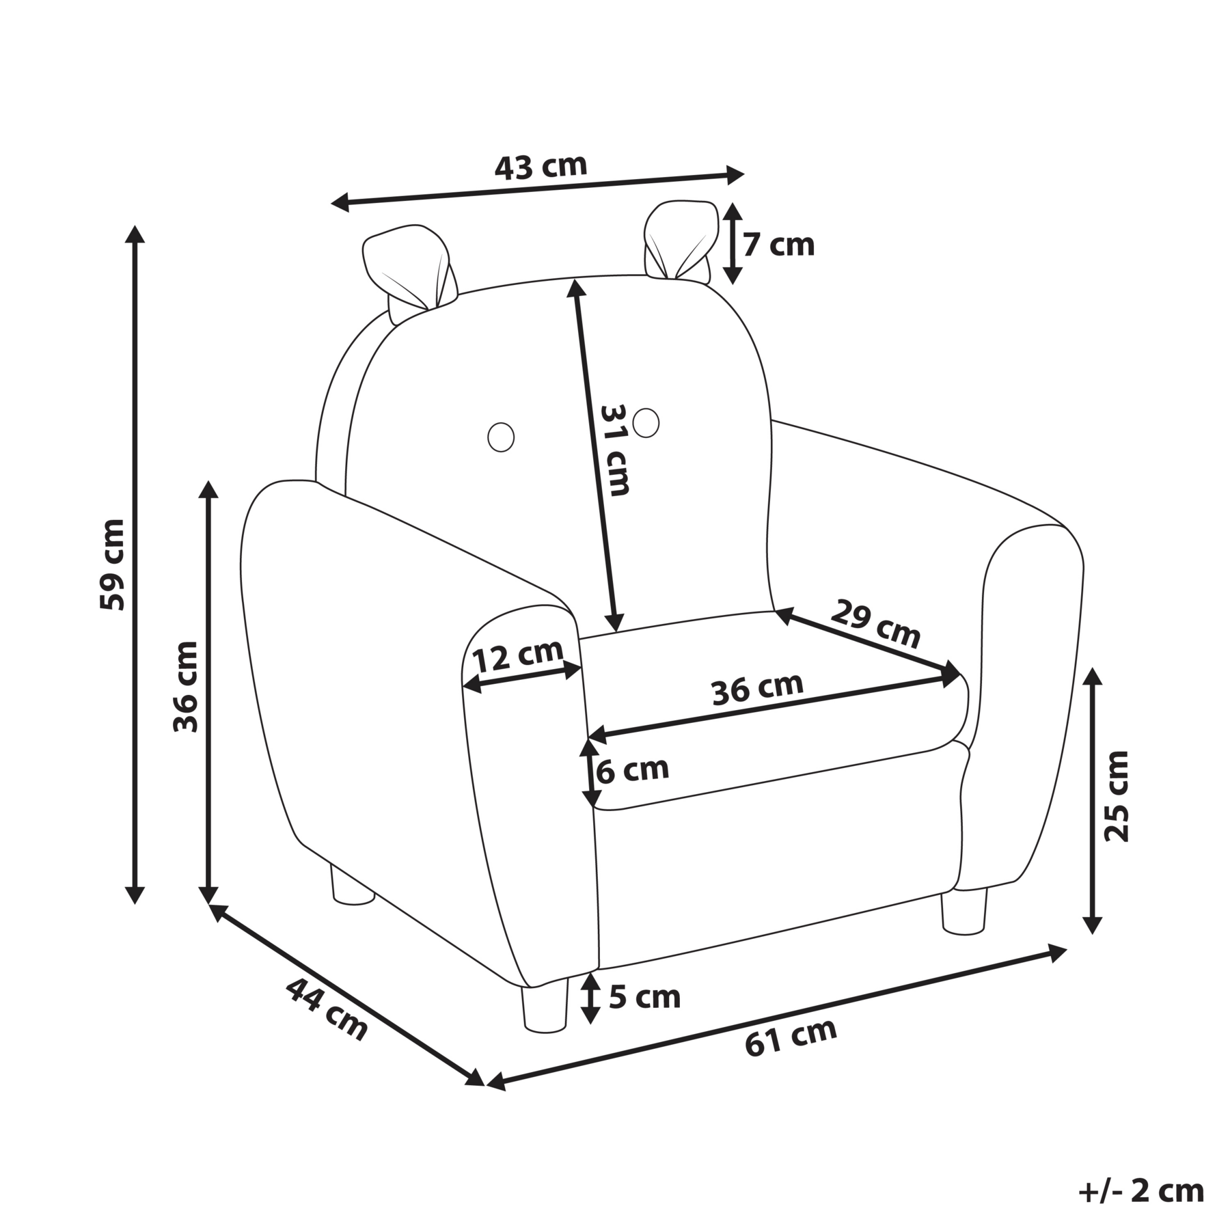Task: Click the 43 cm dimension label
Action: pos(541,166)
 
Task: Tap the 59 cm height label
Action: pos(112,564)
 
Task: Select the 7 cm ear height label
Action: pos(779,245)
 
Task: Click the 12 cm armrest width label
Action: pos(518,657)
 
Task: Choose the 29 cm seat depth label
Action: pos(876,623)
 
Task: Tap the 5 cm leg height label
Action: pos(644,998)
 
